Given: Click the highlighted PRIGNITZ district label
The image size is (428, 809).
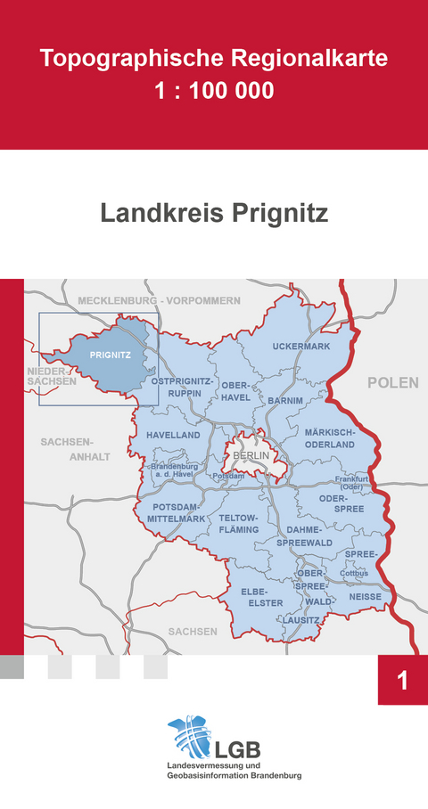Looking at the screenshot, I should point(111,355).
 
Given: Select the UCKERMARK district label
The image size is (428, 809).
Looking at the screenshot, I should point(301,346).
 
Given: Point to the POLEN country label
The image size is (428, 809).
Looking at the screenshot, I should point(392,382).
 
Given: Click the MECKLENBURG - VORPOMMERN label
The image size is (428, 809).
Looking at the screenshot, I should point(159,300).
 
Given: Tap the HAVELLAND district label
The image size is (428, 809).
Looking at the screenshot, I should point(173,435).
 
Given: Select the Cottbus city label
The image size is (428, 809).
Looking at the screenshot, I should point(354,573).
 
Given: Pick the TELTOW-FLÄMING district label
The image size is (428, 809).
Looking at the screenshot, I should point(238,524).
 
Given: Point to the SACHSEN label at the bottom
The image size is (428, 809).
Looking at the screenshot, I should point(192,631).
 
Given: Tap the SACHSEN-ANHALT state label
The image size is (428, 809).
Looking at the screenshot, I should point(68,449).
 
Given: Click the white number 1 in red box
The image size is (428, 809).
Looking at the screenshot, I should point(402,682).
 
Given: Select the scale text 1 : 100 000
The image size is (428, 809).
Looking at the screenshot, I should point(214,90).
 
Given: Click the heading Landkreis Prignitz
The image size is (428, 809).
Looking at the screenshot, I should point(214,214).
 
